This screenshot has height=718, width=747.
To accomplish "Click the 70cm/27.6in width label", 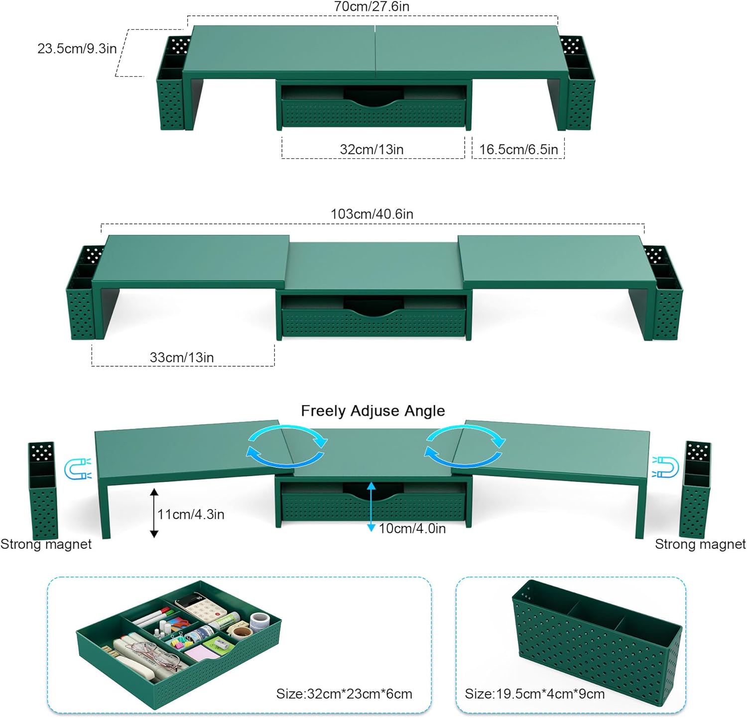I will (372, 6).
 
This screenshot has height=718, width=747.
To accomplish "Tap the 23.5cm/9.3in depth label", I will (77, 49).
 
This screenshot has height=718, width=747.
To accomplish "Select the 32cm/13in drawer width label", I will (372, 149).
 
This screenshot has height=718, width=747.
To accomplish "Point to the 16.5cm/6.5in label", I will (518, 149).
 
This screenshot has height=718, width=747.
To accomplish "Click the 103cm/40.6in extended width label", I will (372, 214).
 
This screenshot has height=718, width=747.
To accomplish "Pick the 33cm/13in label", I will (182, 357).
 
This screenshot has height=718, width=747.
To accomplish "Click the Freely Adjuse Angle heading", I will (373, 411).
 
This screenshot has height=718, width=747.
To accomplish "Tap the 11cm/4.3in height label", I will (191, 514).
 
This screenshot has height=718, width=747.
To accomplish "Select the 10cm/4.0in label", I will (412, 528).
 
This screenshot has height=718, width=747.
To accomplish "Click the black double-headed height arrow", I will (154, 513).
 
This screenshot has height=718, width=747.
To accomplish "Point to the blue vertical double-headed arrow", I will (371, 507).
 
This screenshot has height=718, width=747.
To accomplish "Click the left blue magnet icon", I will (78, 468).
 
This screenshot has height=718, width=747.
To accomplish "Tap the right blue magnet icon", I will (666, 467).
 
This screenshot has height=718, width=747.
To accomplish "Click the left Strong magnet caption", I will (46, 544).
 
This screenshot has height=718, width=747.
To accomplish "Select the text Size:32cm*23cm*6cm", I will (344, 694).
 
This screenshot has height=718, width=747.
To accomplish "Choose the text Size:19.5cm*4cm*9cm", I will (534, 694).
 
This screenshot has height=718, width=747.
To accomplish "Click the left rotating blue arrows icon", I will (287, 446).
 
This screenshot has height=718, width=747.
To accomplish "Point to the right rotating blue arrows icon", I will (465, 446).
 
